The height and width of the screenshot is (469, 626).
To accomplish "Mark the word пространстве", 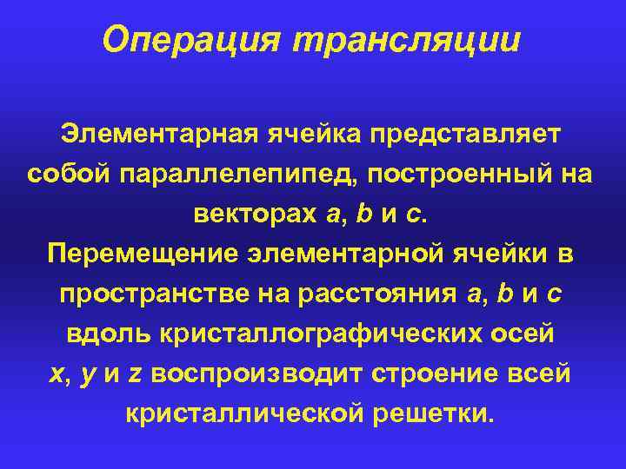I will [x=155, y=294].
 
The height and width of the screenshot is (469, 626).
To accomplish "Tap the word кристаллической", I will [x=247, y=413].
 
